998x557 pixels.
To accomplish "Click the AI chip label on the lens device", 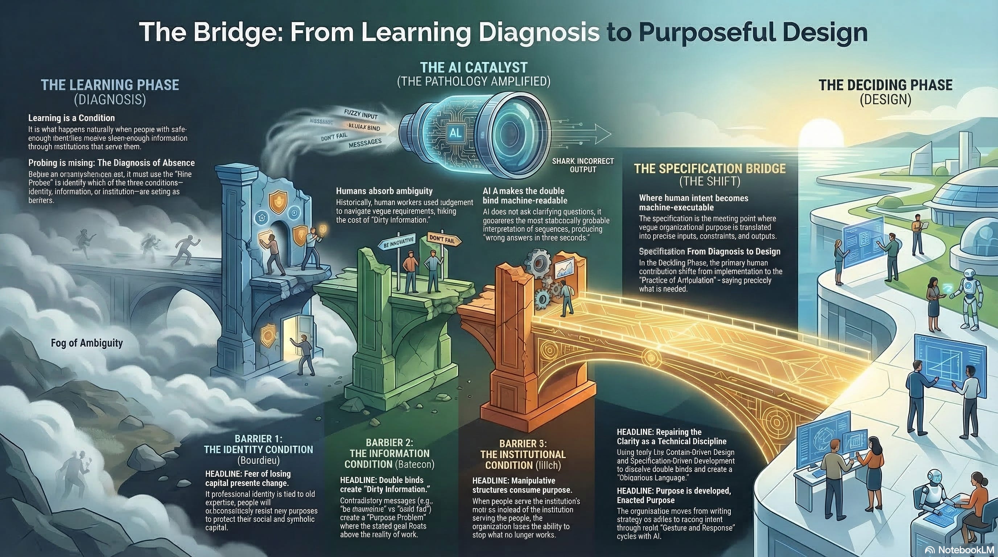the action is click(x=455, y=133).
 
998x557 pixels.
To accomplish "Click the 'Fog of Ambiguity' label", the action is click(x=87, y=343).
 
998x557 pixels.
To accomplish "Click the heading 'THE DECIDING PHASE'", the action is click(x=885, y=85).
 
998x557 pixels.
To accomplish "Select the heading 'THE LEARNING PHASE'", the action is click(x=110, y=85).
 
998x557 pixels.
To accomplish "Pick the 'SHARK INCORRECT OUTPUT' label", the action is click(x=583, y=165).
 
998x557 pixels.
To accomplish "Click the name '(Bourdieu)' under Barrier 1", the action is click(x=258, y=460).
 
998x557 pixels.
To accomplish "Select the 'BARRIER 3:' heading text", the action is click(x=523, y=443).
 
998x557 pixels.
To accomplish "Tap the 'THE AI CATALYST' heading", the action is click(x=473, y=68).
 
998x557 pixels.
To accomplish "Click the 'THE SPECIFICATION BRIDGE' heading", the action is click(x=710, y=169).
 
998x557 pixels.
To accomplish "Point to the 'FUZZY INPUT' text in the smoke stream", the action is click(x=361, y=114).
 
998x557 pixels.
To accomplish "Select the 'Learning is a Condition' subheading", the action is click(x=72, y=118).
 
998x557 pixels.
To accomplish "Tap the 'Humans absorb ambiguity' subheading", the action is click(x=384, y=191).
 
